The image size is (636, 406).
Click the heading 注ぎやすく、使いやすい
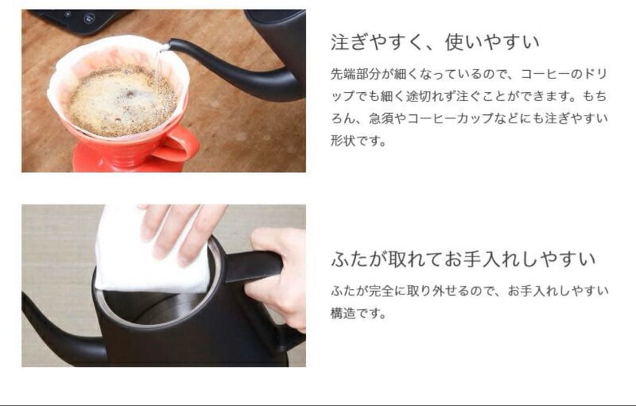coord(435,42)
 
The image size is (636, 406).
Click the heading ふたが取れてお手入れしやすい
coord(463,259)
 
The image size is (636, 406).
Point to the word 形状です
coord(357,141)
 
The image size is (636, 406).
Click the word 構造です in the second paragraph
coord(357,313)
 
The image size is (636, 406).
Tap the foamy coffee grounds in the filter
coord(122,101)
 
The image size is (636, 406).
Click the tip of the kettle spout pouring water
coord(170,44)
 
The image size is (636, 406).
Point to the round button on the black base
coord(89,18)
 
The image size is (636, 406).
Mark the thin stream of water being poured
coord(157,71)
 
